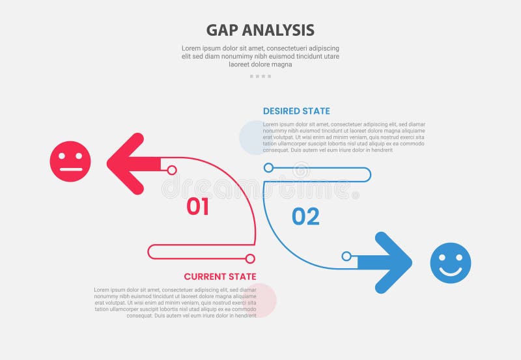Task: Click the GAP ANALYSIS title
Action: point(260,30)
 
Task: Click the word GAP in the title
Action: point(221,30)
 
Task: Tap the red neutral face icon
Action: point(70,161)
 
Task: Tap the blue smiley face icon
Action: point(450,263)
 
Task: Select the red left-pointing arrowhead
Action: point(127,163)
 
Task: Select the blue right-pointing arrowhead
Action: point(393,262)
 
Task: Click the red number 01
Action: point(197,207)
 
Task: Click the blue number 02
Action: point(305,217)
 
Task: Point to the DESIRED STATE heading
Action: point(296,111)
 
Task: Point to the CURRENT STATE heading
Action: point(219,277)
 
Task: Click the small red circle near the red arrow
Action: point(172,170)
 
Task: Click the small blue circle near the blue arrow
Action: point(346,256)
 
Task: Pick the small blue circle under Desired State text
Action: point(268,168)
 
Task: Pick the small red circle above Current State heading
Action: point(249,258)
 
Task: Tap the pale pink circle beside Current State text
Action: point(261,301)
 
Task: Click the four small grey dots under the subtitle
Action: point(260,76)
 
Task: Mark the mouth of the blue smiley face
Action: point(450,271)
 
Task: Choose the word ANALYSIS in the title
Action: point(278,30)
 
